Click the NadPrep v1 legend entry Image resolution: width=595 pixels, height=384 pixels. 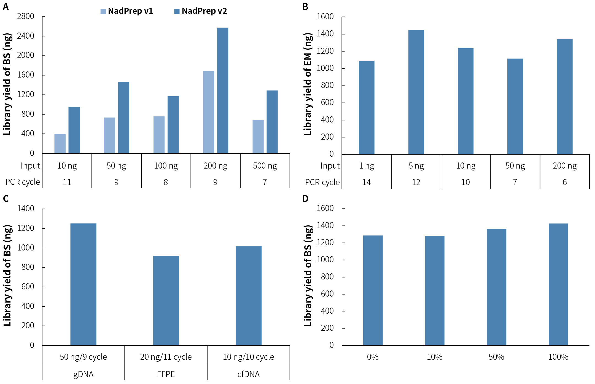127,11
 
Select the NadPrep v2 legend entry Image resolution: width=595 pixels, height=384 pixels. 201,11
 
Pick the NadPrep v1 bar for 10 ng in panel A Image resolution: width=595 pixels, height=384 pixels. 60,143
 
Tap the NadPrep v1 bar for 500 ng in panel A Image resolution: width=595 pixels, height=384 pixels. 258,137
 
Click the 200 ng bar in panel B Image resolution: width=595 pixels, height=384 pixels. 564,97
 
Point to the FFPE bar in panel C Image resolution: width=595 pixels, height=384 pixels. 166,300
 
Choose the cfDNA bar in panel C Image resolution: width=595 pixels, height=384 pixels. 248,295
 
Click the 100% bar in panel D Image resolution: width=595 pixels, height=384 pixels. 558,284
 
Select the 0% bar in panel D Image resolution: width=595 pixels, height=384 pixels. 373,290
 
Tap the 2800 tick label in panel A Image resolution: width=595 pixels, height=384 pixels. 26,16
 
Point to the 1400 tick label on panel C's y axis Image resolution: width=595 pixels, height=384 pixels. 26,208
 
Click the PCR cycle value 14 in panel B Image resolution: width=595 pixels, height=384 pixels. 366,182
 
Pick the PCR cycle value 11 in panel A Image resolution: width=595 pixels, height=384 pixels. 67,182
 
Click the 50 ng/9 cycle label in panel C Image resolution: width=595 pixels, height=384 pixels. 83,357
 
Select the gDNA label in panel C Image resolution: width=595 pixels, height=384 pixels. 83,374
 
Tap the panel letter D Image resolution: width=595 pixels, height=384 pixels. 305,199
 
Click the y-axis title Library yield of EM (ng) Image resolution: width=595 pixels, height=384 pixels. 308,84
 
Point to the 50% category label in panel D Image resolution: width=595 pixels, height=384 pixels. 496,357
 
